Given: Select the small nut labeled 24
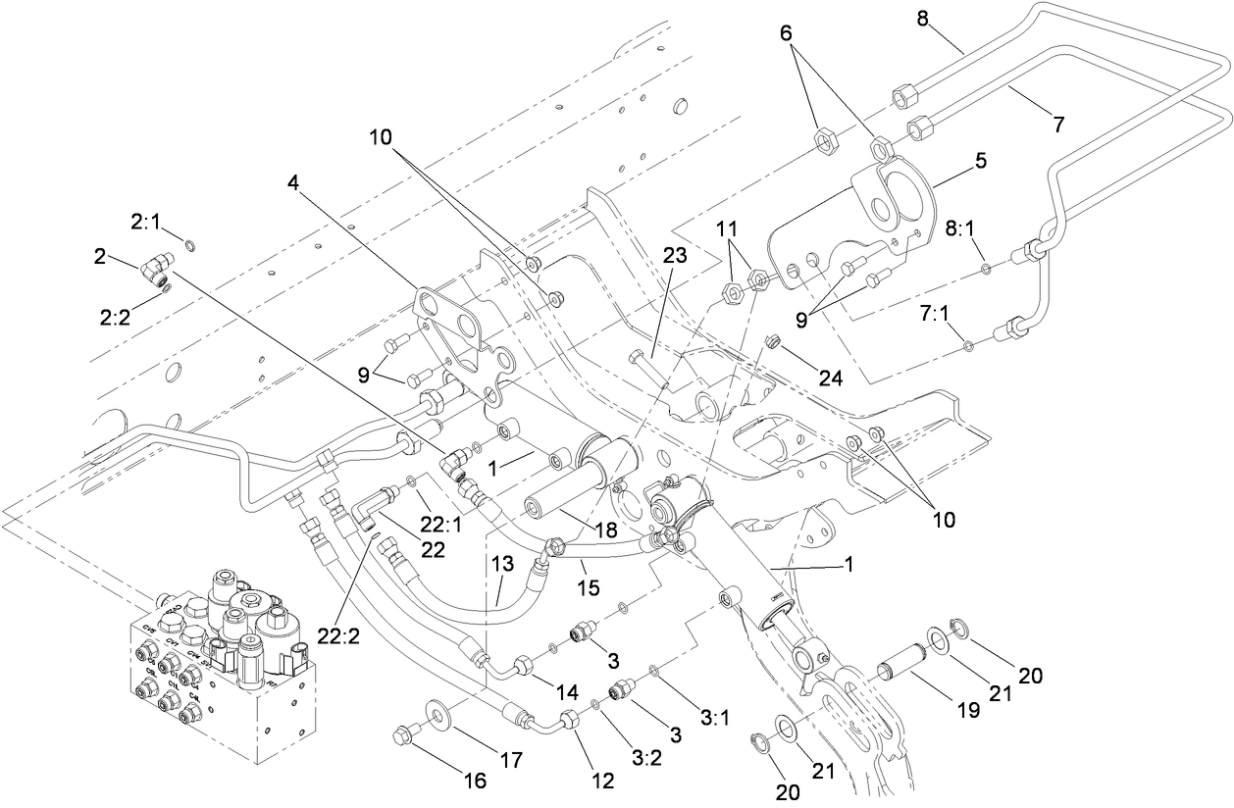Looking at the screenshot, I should (x=771, y=341).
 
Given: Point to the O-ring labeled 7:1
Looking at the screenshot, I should (x=969, y=344).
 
